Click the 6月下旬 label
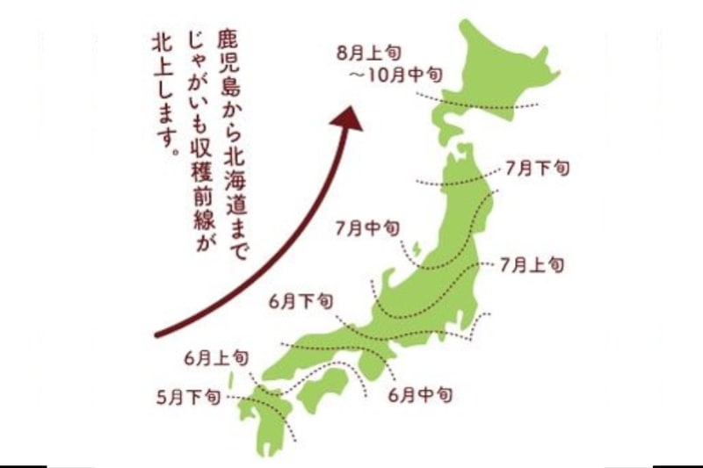click(x=301, y=302)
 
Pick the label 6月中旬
click(x=420, y=395)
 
